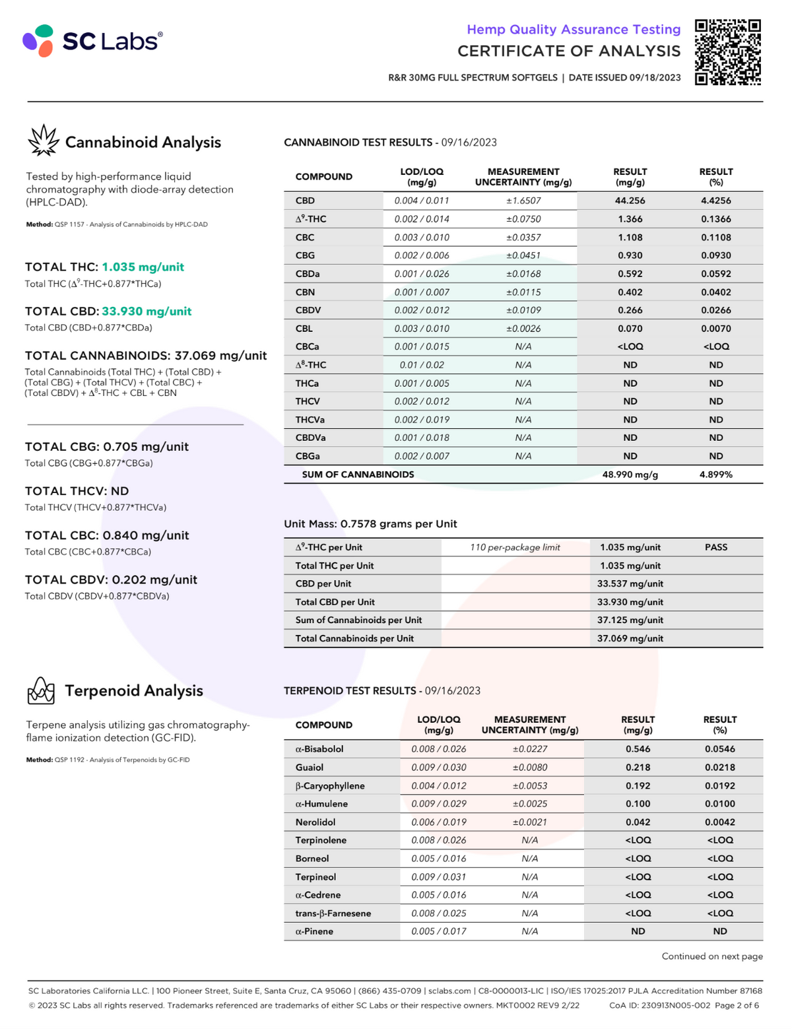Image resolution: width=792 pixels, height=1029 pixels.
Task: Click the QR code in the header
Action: click(728, 52)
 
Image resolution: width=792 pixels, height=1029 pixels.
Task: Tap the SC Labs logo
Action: click(92, 41)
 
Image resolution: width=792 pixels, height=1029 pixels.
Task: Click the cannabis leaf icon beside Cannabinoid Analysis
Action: click(43, 141)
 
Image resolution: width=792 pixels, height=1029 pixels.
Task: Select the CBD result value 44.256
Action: click(630, 201)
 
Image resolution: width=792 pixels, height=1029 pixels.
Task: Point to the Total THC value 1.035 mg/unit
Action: click(143, 267)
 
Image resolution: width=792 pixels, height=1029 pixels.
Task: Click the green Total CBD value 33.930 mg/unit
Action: click(147, 312)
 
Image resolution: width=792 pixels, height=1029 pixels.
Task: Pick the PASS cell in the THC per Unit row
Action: click(715, 547)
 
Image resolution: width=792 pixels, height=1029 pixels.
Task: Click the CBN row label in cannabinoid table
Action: click(305, 292)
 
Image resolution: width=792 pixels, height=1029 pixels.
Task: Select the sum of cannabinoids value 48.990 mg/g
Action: click(630, 475)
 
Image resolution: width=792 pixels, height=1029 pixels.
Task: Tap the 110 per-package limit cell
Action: click(515, 547)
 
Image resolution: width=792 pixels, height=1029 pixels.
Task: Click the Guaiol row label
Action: click(310, 768)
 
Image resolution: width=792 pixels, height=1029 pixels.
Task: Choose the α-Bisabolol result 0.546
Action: click(638, 749)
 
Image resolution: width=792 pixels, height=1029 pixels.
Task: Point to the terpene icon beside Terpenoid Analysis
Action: click(41, 690)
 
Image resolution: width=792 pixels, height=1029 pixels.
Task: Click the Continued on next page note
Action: click(712, 956)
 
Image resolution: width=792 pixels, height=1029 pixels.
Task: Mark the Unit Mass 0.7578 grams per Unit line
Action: click(370, 524)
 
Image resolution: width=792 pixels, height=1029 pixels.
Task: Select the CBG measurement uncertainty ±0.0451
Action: click(523, 255)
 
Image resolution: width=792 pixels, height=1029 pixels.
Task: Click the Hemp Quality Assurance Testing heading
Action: click(573, 30)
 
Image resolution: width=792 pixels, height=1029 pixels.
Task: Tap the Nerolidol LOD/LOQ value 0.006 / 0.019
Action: click(438, 822)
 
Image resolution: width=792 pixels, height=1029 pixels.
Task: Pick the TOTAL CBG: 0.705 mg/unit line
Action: click(107, 447)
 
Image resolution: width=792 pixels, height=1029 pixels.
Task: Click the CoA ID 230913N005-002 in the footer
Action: click(660, 1005)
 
